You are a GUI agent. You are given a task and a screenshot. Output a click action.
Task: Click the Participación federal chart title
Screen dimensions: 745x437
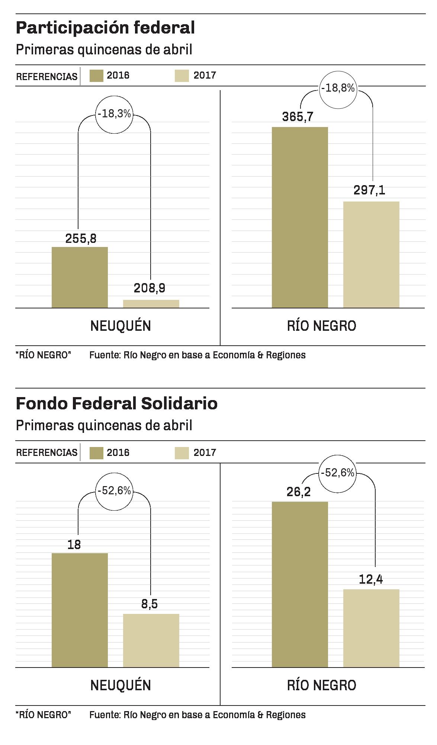click(x=105, y=28)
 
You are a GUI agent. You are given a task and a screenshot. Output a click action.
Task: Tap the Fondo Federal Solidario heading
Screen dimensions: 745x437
click(x=116, y=404)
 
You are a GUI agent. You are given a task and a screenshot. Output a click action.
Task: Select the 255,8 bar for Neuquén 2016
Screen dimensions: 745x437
click(x=80, y=277)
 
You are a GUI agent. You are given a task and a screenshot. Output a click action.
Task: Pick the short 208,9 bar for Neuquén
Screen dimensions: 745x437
click(x=151, y=304)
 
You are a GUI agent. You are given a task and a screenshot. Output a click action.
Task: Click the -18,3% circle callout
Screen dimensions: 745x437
click(x=114, y=114)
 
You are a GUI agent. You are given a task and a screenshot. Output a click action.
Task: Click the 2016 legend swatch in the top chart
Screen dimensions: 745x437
click(x=96, y=76)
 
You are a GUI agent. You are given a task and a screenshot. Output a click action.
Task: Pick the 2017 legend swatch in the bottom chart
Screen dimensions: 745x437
click(x=181, y=452)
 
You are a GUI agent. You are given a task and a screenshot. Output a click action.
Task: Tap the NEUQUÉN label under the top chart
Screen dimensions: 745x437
click(x=121, y=326)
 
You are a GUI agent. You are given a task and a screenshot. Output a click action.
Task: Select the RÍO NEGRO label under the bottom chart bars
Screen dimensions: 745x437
click(x=321, y=685)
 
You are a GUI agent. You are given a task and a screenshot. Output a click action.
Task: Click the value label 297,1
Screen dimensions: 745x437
click(x=369, y=190)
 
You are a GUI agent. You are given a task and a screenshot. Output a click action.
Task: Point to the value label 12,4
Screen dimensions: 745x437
click(x=371, y=579)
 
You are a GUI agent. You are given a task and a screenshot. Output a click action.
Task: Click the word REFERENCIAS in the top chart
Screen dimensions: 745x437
click(x=47, y=76)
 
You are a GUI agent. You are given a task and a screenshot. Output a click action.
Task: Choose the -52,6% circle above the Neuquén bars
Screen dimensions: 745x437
click(x=114, y=491)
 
